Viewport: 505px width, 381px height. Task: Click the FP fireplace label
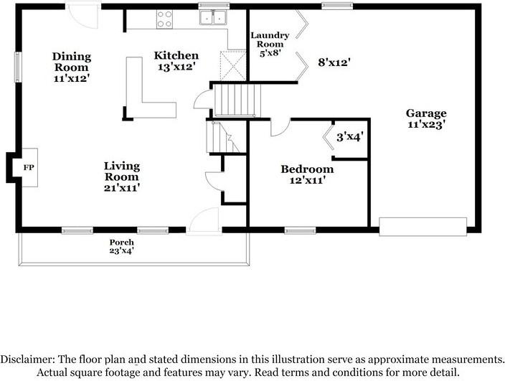click(x=29, y=167)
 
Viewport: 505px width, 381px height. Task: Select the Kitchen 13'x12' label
click(x=176, y=61)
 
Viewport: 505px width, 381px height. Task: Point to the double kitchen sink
click(x=212, y=18)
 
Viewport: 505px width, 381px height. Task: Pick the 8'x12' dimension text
click(x=333, y=62)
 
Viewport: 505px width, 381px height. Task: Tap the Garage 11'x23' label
click(x=426, y=118)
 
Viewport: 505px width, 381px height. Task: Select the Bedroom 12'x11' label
click(x=307, y=175)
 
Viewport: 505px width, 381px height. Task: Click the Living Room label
click(x=122, y=177)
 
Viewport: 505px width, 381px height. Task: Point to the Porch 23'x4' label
click(x=121, y=246)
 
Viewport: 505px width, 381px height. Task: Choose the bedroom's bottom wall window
click(x=300, y=230)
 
